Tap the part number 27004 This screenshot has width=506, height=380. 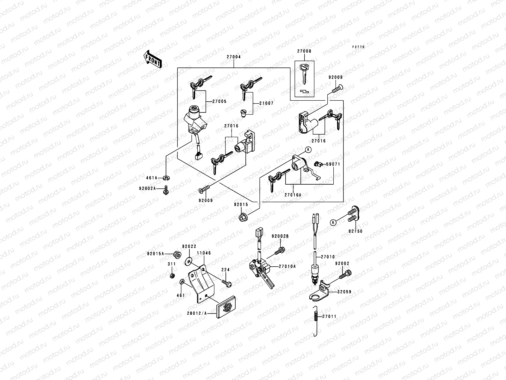[x=234, y=57]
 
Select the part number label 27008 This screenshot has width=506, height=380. [x=304, y=51]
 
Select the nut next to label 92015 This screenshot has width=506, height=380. [x=243, y=218]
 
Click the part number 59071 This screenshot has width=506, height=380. [x=333, y=164]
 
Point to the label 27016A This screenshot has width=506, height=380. [x=293, y=195]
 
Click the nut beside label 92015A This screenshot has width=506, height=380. [x=177, y=254]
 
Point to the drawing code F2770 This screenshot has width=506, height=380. [x=359, y=47]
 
